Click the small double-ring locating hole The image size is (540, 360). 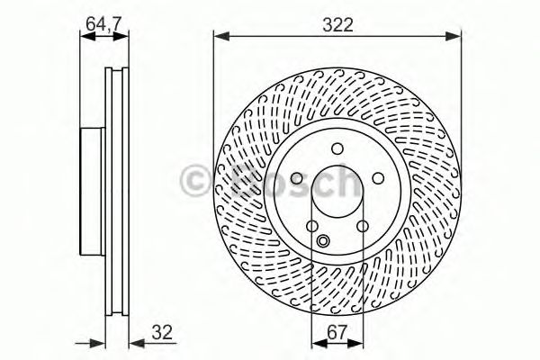(x=325, y=241)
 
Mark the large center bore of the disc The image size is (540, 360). (x=337, y=193)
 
